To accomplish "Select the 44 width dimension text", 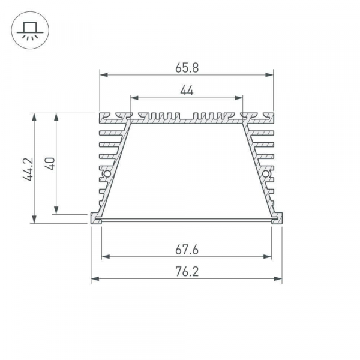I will click(x=187, y=91).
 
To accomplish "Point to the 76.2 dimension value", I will click(x=187, y=271).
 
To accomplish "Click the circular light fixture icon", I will click(x=27, y=28).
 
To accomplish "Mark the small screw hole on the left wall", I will click(x=107, y=175).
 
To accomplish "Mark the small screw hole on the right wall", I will click(x=266, y=175).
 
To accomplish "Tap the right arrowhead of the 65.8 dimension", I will click(x=269, y=76).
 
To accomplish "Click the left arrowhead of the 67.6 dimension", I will click(x=106, y=257).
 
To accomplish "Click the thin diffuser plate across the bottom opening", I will click(x=187, y=220).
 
